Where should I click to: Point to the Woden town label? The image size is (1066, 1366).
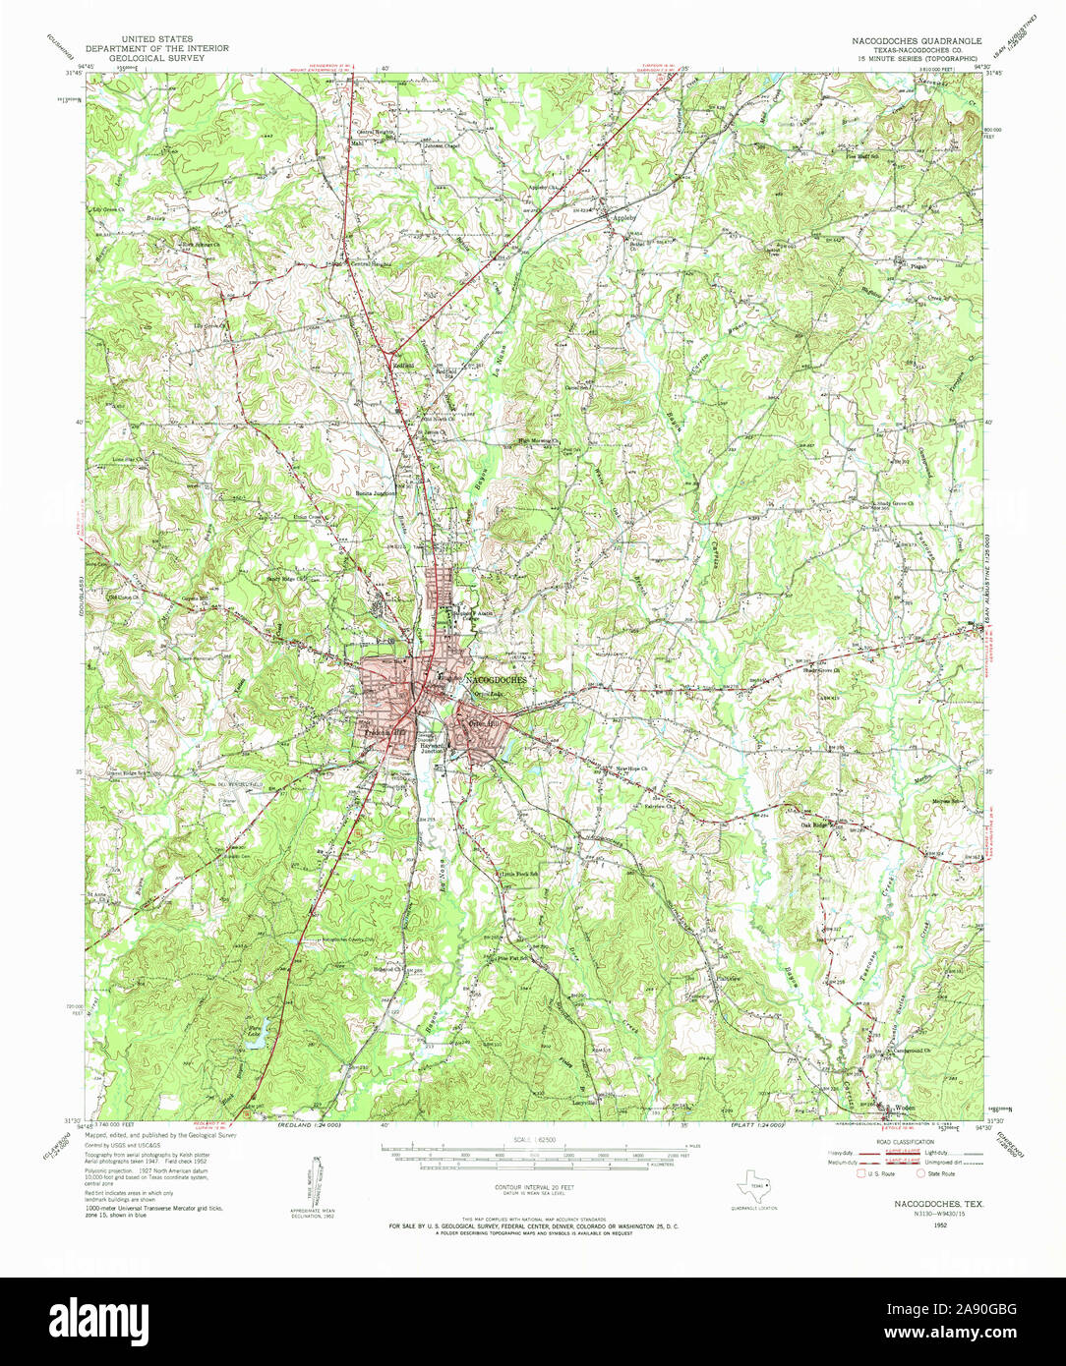point(904,1108)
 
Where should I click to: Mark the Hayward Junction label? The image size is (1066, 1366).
point(434,749)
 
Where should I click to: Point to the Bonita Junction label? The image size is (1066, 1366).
point(376,493)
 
